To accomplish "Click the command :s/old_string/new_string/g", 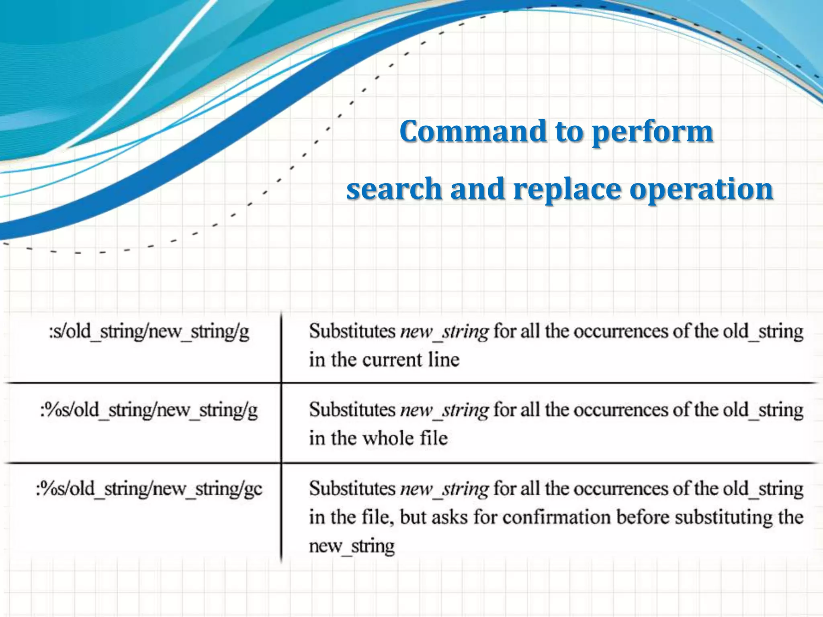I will click(x=149, y=332).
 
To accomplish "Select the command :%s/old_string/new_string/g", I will click(x=149, y=411).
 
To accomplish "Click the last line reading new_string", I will click(x=352, y=546).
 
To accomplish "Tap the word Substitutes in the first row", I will click(x=352, y=332).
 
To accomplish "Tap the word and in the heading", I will click(x=477, y=189).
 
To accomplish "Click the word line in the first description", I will click(x=444, y=360).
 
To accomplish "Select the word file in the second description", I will click(x=434, y=438).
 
